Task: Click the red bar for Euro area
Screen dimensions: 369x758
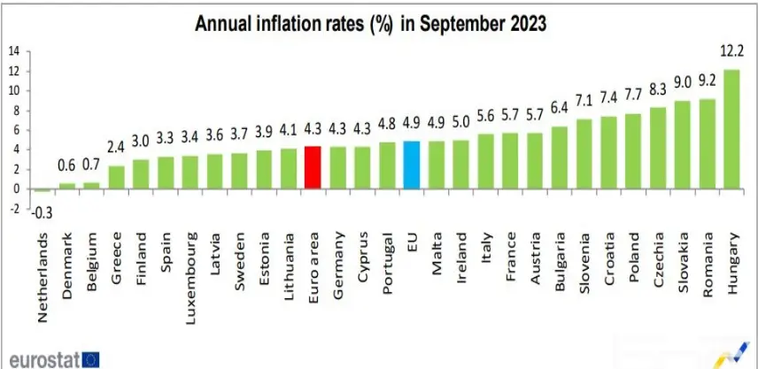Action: click(312, 167)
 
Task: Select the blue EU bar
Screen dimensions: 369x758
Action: click(411, 165)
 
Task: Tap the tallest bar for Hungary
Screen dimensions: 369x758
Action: click(731, 128)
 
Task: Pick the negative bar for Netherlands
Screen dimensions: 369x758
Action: click(42, 190)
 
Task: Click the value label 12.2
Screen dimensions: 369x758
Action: click(731, 59)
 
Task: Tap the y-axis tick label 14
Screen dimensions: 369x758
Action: click(14, 50)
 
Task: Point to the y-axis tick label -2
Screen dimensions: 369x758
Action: click(14, 209)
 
